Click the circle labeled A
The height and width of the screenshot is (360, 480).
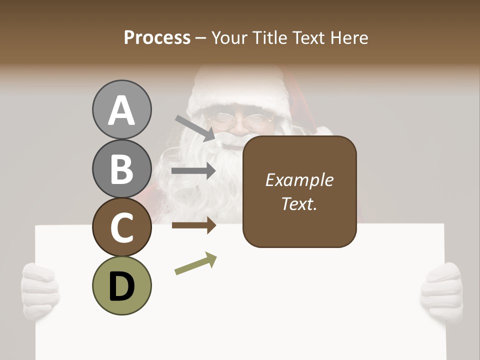[121, 109]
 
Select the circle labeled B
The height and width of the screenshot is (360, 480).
[121, 168]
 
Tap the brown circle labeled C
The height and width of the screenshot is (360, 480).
[121, 227]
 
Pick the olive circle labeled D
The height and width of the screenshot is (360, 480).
[121, 285]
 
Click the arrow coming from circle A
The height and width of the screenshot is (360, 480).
[195, 127]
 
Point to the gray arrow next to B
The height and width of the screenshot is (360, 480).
[194, 171]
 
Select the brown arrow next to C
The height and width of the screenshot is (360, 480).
[194, 225]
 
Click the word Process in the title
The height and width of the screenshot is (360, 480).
[157, 37]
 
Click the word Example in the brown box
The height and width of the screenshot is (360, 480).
[299, 180]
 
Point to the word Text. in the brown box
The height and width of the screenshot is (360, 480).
[299, 204]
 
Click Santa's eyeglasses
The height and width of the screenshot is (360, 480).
[239, 120]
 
